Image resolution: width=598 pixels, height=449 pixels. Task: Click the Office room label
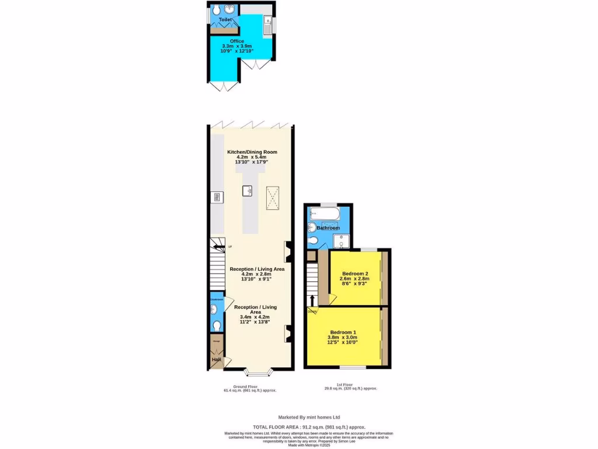[x=237, y=41]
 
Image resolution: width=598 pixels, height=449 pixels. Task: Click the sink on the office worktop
[x=267, y=25]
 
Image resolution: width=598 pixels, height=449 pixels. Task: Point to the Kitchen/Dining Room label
[x=252, y=152]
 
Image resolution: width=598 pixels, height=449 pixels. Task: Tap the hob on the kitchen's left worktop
[x=217, y=197]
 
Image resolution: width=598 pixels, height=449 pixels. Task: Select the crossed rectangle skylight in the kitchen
[x=273, y=198]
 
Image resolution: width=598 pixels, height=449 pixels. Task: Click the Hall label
[x=217, y=360]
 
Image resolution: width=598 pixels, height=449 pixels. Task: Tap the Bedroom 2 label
[x=354, y=274]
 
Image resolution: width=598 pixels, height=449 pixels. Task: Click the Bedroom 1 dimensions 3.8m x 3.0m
[x=342, y=337]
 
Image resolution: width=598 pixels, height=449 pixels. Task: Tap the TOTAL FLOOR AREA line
[x=309, y=427]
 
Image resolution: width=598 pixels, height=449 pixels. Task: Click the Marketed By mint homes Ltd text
[x=309, y=417]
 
